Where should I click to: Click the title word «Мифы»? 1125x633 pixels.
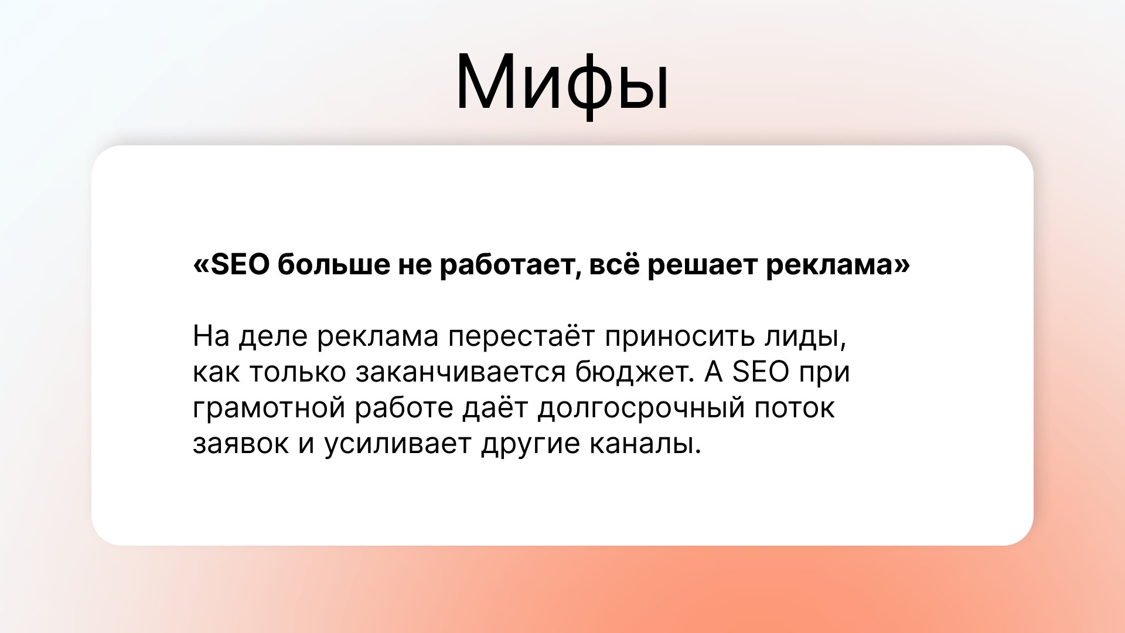pos(562,82)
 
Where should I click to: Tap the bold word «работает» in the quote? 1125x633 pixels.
pos(510,265)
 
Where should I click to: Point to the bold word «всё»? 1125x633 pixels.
pos(613,265)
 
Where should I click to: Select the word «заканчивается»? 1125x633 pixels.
pos(461,373)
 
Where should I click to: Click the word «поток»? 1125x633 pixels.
pos(795,409)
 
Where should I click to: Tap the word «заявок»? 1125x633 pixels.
pos(240,444)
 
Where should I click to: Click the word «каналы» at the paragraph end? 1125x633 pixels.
pos(645,444)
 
